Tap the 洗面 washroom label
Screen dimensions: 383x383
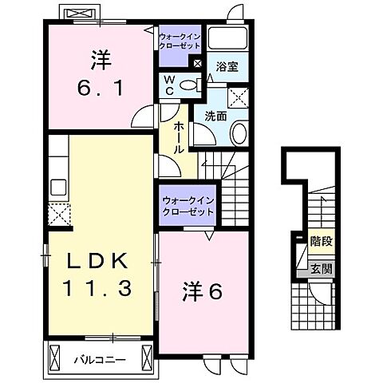pyautogui.click(x=216, y=116)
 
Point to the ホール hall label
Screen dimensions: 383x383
pyautogui.click(x=178, y=137)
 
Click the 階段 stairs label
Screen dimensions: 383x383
pyautogui.click(x=321, y=239)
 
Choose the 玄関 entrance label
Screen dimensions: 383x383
pyautogui.click(x=321, y=269)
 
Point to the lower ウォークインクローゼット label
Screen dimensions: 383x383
pyautogui.click(x=188, y=207)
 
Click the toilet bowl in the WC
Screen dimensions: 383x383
pyautogui.click(x=188, y=85)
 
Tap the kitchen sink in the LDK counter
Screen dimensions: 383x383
pyautogui.click(x=57, y=188)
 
